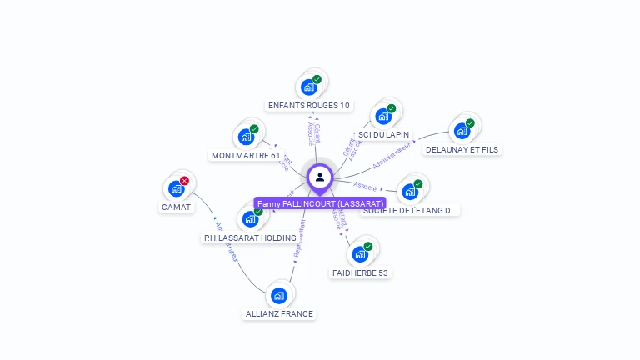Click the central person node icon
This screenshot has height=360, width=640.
[x=320, y=177]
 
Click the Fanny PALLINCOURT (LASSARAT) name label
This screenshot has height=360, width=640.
[x=320, y=203]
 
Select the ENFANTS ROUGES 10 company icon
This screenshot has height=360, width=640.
[x=309, y=87]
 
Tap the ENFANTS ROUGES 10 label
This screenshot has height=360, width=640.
[x=309, y=106]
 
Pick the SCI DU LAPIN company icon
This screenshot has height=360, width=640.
[x=383, y=116]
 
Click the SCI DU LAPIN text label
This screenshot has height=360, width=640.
[x=383, y=134]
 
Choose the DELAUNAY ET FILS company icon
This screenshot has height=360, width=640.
[x=462, y=131]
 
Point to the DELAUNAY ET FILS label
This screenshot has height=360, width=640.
[x=462, y=150]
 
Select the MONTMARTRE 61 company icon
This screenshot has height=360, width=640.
[x=246, y=137]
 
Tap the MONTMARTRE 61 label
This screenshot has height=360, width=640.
[x=246, y=155]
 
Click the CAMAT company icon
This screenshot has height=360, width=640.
[x=176, y=188]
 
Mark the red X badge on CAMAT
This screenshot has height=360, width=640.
[x=184, y=181]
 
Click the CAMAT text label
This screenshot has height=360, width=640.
[x=176, y=207]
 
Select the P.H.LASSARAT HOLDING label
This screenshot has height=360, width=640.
[x=250, y=237]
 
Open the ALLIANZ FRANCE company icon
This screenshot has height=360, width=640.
[x=279, y=295]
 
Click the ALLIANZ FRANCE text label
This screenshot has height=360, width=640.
[x=279, y=314]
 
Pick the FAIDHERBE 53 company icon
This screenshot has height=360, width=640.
[x=360, y=254]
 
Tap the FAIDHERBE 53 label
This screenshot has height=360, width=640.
[x=360, y=272]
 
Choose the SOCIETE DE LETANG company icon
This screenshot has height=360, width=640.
[x=410, y=192]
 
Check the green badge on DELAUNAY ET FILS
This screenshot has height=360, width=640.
[x=470, y=123]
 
